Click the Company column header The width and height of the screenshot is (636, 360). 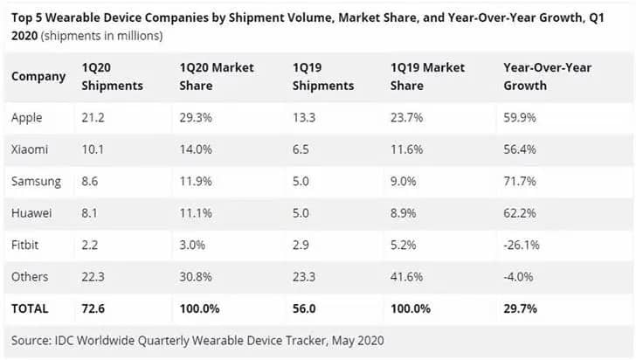(x=38, y=77)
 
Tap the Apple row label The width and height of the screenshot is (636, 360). (x=27, y=117)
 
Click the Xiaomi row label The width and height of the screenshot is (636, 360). (x=29, y=149)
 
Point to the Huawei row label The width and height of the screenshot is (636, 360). (x=31, y=213)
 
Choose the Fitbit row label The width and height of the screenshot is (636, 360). (x=25, y=245)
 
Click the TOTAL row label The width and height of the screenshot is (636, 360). (x=31, y=308)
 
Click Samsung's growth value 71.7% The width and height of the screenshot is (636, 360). (x=521, y=181)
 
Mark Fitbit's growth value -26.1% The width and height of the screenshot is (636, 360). (x=523, y=245)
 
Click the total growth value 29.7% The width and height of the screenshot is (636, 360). (x=522, y=308)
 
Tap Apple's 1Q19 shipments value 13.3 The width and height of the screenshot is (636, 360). (x=308, y=117)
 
